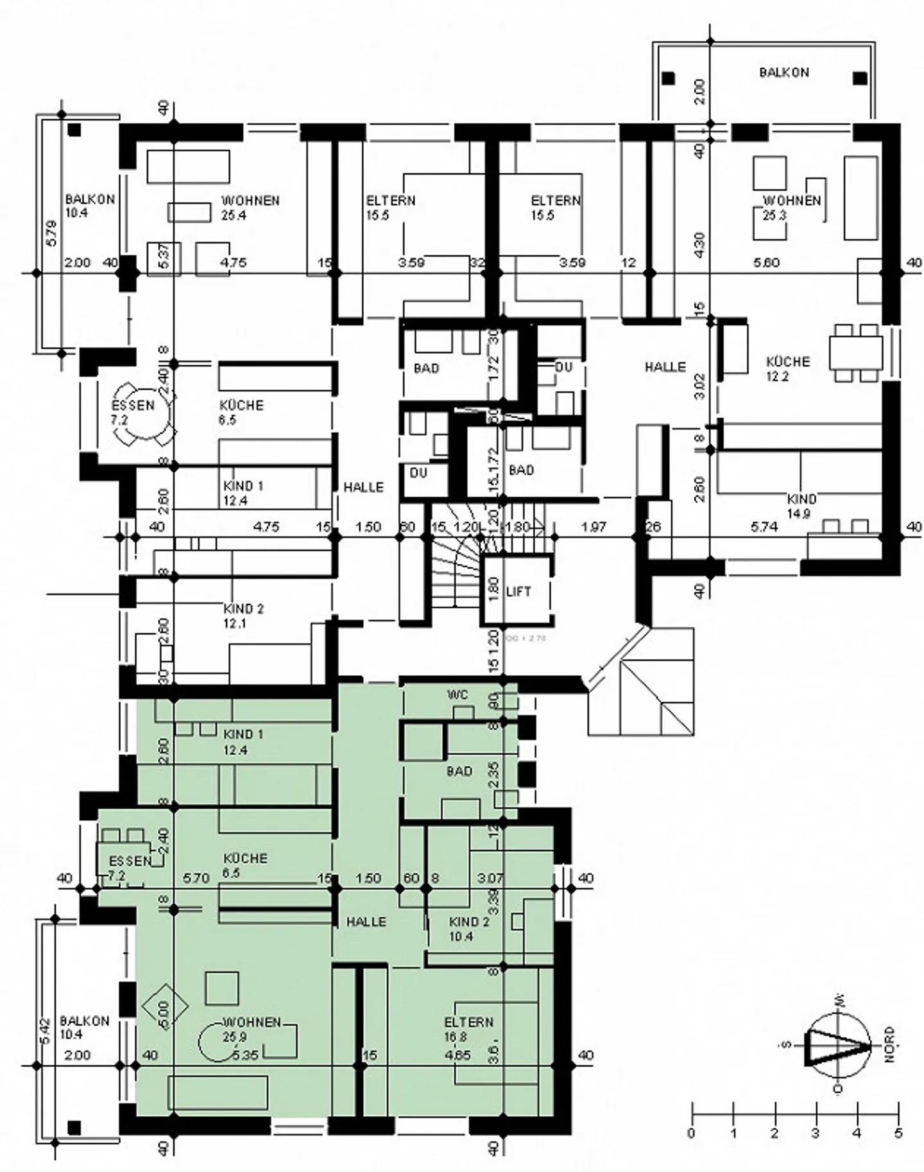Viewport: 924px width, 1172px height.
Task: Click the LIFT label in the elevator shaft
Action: click(518, 591)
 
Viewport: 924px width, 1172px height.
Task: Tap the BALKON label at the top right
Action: click(784, 73)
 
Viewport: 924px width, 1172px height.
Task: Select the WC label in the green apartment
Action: click(458, 695)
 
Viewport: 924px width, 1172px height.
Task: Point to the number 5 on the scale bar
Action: click(898, 1133)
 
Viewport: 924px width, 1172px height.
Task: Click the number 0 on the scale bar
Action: click(691, 1133)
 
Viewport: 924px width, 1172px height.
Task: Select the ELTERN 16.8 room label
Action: click(468, 1030)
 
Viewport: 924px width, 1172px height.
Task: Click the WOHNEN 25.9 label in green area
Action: click(251, 1030)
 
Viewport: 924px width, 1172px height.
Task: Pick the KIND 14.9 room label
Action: click(801, 506)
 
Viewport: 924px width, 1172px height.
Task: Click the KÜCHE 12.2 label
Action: click(787, 368)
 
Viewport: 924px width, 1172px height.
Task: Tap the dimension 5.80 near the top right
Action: click(766, 263)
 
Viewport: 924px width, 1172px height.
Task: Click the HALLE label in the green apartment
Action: click(366, 922)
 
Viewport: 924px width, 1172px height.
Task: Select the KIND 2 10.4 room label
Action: click(469, 929)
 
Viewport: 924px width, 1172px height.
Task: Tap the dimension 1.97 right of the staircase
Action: click(594, 527)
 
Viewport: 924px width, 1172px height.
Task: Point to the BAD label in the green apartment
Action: click(459, 771)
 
